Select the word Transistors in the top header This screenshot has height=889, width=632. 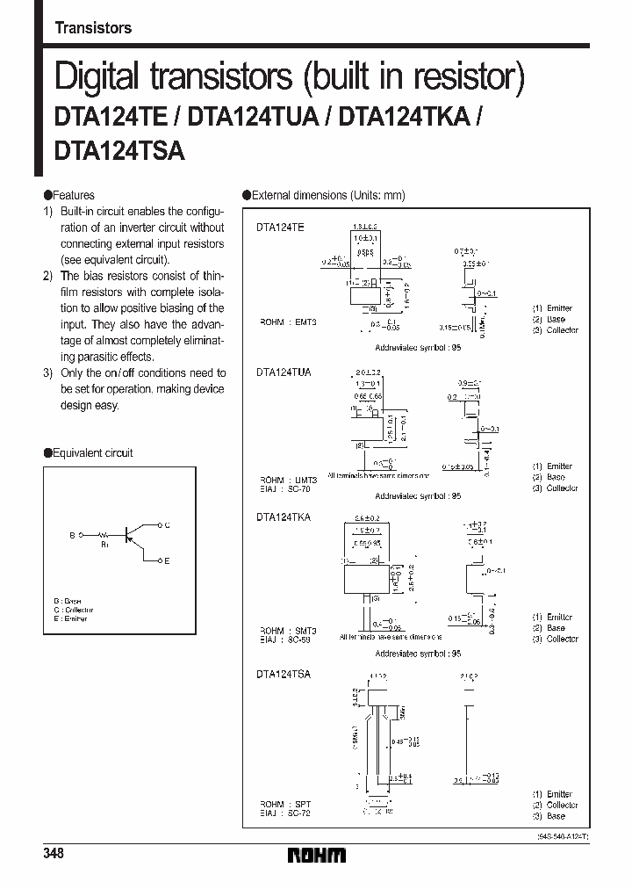point(93,27)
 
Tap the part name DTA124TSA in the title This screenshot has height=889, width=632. point(119,150)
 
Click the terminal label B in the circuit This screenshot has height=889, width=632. point(73,533)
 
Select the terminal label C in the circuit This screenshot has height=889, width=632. point(167,524)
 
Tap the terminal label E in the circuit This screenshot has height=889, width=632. point(167,560)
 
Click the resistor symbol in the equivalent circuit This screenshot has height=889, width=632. point(103,533)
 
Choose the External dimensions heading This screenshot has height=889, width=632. point(327,195)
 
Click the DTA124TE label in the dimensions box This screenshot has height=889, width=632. point(281,228)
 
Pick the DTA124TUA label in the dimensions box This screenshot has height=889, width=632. point(284,372)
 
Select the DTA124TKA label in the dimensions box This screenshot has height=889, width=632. point(284,518)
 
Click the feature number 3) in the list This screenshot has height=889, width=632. point(49,373)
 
